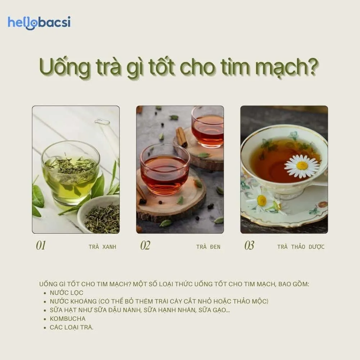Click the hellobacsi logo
click(39, 22)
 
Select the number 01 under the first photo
click(41, 246)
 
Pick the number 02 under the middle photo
click(145, 246)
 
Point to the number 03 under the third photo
click(249, 246)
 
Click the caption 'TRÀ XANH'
click(102, 247)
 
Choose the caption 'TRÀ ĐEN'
click(208, 247)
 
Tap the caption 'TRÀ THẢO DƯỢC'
click(301, 247)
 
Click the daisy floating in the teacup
click(301, 166)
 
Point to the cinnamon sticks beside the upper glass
click(181, 137)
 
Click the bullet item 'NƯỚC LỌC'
click(67, 293)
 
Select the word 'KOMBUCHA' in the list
click(68, 319)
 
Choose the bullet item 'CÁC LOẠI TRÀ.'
click(71, 328)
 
